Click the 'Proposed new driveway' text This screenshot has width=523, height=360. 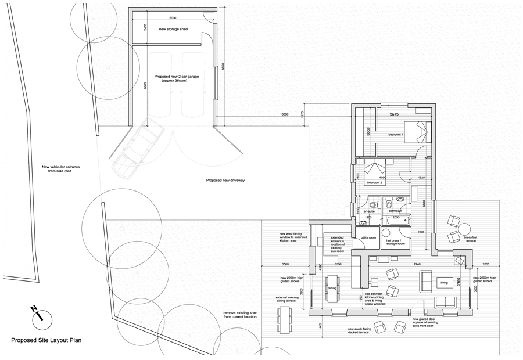(226, 181)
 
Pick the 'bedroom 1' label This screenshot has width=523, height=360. (397, 135)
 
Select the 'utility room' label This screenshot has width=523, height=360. (369, 237)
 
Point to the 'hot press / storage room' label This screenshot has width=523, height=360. (394, 242)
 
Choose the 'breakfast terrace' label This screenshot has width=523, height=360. (471, 239)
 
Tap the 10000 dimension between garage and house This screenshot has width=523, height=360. (284, 114)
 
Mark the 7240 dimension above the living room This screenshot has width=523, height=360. (417, 264)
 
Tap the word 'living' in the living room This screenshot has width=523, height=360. (445, 284)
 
